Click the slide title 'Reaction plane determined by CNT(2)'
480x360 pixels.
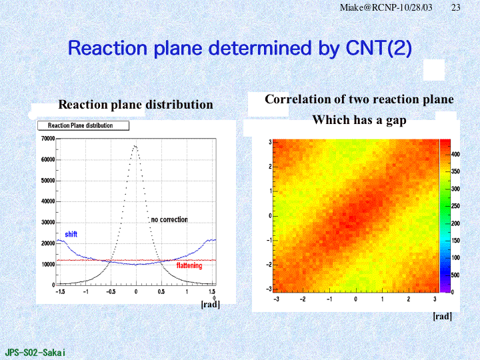240,48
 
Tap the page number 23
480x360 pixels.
456,7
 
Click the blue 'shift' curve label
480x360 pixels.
71,235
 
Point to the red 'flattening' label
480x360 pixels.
189,266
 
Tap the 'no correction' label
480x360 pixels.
169,219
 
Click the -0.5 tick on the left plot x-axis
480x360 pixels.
110,292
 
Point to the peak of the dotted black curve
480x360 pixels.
135,146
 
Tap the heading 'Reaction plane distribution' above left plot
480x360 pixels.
136,105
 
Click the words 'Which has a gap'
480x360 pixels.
359,120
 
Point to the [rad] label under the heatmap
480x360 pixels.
442,316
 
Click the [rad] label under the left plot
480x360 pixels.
210,305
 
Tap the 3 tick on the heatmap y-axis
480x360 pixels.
269,142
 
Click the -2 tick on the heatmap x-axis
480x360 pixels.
302,299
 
